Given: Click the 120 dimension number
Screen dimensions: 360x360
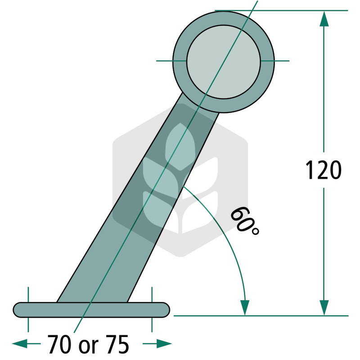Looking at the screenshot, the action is (323, 170).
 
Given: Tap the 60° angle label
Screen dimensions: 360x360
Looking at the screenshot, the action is (244, 221).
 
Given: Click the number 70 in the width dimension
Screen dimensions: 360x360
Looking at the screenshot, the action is (59, 344).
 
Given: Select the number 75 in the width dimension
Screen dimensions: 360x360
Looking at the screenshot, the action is (117, 344).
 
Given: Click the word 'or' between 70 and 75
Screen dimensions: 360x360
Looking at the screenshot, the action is (88, 346).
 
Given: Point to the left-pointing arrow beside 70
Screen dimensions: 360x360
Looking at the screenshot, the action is (26, 344).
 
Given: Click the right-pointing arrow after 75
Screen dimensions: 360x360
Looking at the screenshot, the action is (157, 344).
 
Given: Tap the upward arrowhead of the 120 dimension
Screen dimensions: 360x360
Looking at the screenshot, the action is (324, 18).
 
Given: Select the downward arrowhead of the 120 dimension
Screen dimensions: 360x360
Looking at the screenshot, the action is (324, 308).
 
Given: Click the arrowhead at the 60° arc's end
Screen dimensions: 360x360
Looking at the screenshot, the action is (245, 308).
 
